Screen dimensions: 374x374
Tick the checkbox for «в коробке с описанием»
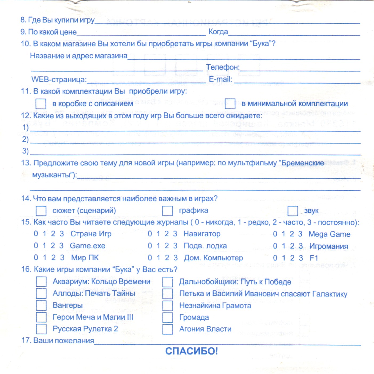pos(41,104)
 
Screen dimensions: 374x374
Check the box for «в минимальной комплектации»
pos(230,104)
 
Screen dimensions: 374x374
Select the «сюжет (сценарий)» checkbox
pos(41,211)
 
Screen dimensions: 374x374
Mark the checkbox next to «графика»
pos(167,211)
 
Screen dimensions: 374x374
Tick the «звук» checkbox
pos(293,211)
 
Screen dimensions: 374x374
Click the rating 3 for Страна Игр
pos(62,234)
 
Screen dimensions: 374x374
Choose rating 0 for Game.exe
pos(36,246)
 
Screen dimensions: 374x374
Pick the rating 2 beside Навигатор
pos(167,234)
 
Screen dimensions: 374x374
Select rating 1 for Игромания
pos(284,246)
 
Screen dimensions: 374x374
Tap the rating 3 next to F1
pos(301,258)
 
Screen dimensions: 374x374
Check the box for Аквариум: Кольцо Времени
pos(41,282)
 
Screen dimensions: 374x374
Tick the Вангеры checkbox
pos(41,305)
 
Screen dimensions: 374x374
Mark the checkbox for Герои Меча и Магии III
pos(41,317)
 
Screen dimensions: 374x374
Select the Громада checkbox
pos(168,317)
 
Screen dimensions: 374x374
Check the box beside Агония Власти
pos(168,329)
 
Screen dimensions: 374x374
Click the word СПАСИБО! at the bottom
pos(191,351)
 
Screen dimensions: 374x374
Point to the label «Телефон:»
pos(223,67)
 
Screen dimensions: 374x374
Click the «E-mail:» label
pos(220,79)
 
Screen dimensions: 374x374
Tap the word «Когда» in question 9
pos(218,32)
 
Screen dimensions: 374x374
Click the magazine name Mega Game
pos(329,234)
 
